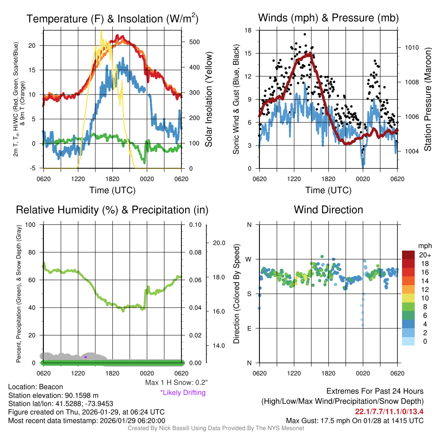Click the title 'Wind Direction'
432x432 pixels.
[328, 210]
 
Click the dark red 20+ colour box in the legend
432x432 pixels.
[409, 255]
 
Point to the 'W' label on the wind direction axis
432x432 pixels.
[249, 259]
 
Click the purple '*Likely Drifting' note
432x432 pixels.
[183, 392]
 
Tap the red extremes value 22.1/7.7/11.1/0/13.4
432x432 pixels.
[389, 412]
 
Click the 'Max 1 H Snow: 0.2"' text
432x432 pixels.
[176, 383]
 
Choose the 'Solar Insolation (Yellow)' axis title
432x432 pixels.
[209, 99]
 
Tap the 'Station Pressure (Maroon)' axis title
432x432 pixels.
[427, 100]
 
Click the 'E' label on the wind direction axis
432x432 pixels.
[249, 328]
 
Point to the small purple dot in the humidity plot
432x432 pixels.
[86, 357]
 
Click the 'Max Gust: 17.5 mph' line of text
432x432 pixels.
[354, 420]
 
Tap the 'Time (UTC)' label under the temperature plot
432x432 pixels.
[112, 190]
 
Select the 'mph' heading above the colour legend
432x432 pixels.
[424, 246]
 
